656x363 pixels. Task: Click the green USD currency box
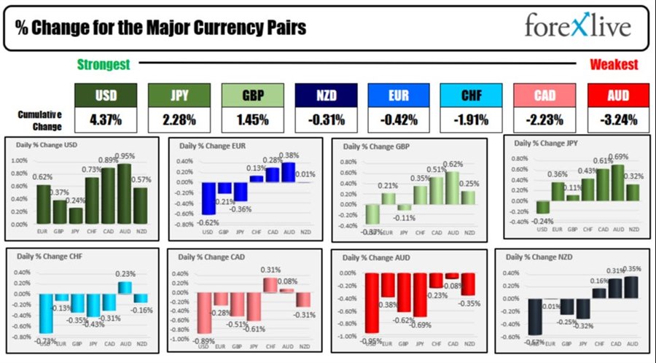coord(106,95)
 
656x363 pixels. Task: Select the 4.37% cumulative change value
coord(106,119)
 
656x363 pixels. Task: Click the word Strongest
coord(104,65)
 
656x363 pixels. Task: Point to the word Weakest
coord(614,65)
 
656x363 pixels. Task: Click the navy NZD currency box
coord(326,95)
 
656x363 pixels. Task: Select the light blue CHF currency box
coord(471,95)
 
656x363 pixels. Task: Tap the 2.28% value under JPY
coord(179,119)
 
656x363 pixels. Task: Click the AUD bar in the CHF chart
coord(125,287)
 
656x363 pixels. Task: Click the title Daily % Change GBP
coord(378,147)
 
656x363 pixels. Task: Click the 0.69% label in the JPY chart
coord(618,157)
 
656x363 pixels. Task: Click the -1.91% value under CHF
coord(471,119)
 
